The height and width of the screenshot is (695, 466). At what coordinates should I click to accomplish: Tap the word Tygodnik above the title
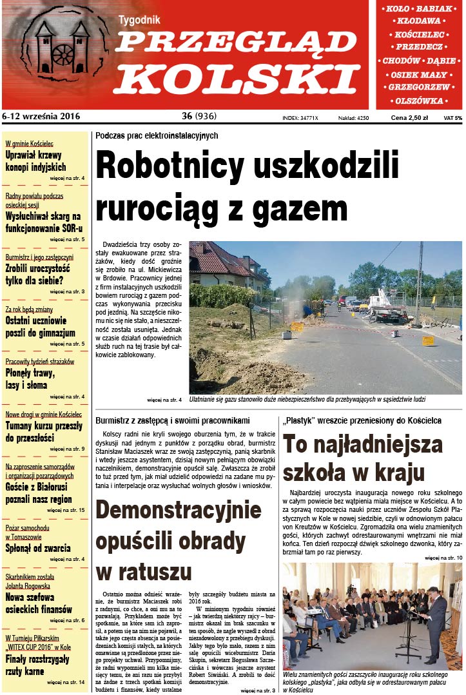(139, 21)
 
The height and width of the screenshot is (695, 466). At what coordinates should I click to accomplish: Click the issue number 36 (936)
(199, 117)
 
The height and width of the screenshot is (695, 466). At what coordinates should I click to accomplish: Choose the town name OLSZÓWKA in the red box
(420, 101)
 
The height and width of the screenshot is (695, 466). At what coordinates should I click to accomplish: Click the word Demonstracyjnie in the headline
(179, 511)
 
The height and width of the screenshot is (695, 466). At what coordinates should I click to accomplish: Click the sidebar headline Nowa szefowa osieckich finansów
(39, 603)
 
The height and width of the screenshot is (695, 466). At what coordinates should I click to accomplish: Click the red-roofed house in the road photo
(225, 264)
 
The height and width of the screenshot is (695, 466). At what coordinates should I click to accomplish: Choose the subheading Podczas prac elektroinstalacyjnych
(157, 136)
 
